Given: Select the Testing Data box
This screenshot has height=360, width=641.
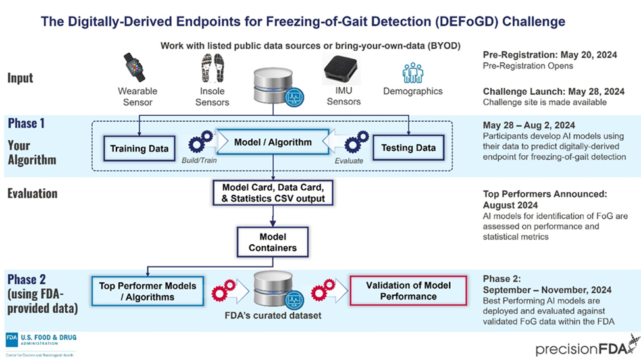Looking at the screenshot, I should (408, 148).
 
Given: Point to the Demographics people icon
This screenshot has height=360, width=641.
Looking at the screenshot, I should (413, 73).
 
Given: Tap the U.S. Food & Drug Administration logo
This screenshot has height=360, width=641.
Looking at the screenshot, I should (40, 341).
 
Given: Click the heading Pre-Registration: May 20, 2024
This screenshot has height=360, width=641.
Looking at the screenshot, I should (550, 55).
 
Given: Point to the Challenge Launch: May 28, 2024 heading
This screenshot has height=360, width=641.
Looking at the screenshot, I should (553, 91).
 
